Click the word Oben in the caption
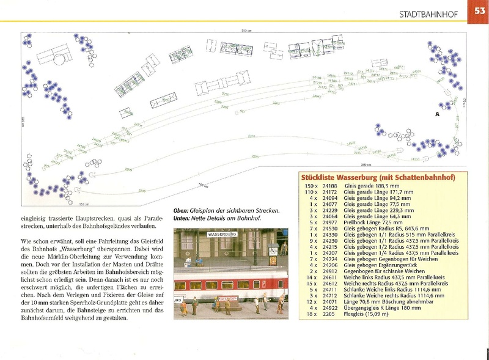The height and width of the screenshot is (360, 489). click(180, 211)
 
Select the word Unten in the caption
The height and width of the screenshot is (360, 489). click(182, 218)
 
